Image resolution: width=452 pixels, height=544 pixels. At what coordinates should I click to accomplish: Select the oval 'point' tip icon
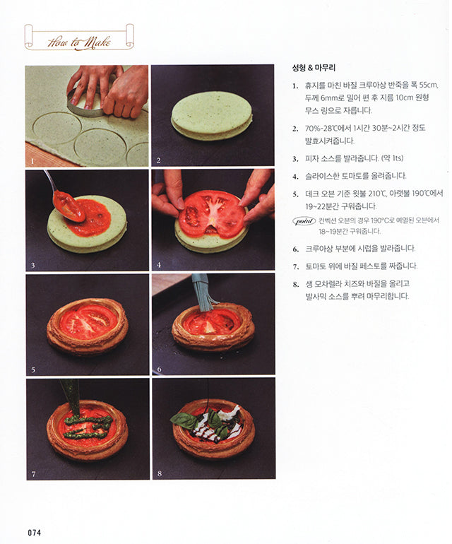click(304, 220)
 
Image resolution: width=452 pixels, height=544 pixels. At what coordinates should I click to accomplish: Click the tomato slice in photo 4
click(212, 213)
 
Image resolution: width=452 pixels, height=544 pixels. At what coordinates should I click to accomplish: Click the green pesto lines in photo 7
click(86, 426)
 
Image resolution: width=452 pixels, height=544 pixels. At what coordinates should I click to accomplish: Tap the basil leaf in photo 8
click(185, 420)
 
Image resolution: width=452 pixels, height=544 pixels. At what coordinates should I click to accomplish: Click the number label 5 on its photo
click(32, 369)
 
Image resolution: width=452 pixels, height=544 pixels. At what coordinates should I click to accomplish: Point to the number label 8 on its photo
click(158, 473)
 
